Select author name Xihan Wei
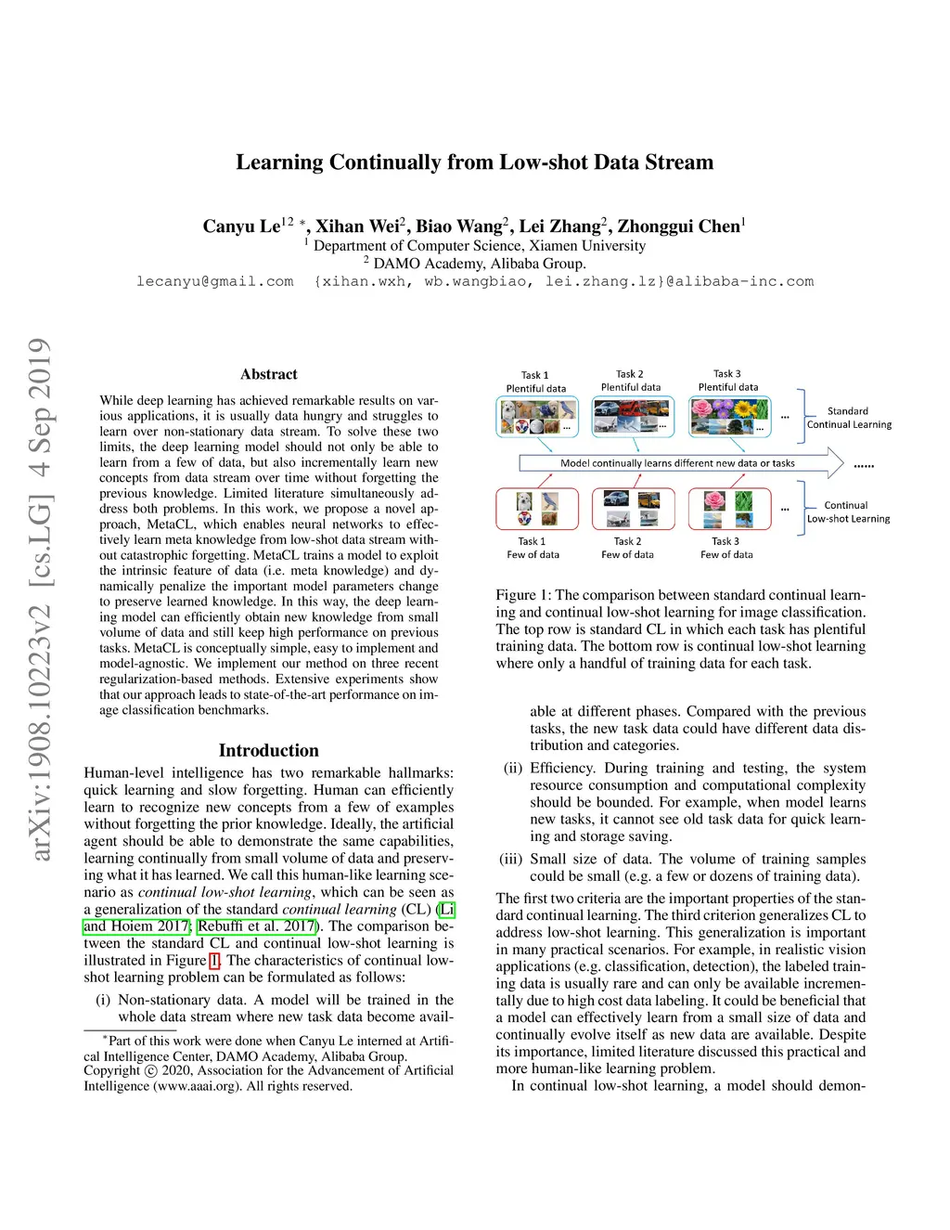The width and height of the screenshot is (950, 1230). point(358,227)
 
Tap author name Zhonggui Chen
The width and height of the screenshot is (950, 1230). point(679,227)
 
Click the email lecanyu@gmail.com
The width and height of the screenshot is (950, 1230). point(214,281)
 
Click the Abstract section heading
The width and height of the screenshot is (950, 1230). point(269,374)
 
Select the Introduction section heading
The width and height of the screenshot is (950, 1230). point(269,750)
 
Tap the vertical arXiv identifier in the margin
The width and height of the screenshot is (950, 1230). point(39,599)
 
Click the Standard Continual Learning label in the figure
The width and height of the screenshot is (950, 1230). point(849,418)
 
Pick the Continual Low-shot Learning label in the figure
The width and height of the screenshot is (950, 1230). point(848,512)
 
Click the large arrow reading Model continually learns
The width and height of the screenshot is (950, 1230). point(678,462)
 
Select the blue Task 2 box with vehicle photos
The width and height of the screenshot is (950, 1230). point(632,418)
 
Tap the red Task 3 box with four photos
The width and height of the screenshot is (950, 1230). point(728,509)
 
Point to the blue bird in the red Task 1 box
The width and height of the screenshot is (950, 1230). point(549,501)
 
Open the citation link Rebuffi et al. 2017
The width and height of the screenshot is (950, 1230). point(256,926)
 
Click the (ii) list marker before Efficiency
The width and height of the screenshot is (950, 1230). point(512,769)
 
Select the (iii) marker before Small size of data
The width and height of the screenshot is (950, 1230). point(510,860)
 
